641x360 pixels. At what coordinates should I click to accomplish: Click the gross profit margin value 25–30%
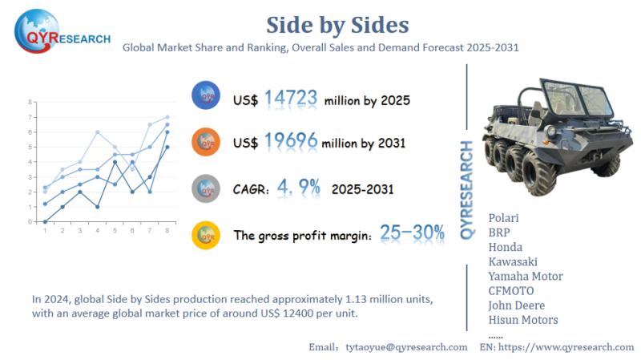click(412, 234)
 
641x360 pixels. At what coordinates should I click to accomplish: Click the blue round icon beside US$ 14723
click(207, 96)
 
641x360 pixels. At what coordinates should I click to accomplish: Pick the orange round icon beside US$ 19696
click(207, 142)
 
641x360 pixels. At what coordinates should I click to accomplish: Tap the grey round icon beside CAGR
click(207, 188)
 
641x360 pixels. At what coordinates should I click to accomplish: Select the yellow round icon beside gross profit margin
click(207, 234)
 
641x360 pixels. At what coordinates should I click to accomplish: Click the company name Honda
click(505, 247)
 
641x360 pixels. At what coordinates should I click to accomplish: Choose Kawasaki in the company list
click(513, 261)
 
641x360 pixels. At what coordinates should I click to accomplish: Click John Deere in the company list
click(516, 305)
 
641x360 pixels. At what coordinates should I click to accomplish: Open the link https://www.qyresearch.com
click(566, 347)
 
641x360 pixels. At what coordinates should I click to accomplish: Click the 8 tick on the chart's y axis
click(30, 103)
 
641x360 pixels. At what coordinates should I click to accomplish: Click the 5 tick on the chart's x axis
click(115, 230)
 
